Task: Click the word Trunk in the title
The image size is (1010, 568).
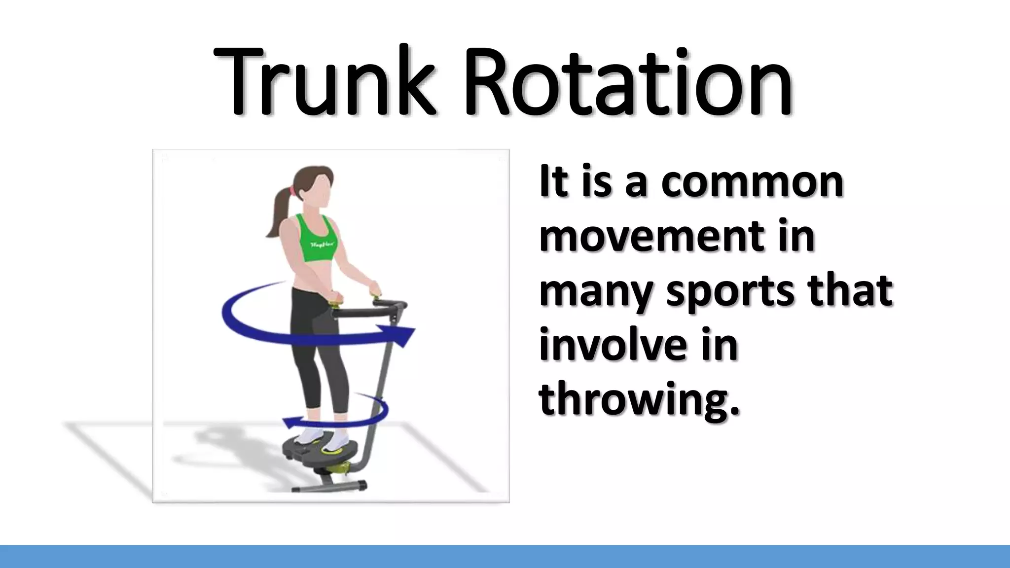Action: pos(325,81)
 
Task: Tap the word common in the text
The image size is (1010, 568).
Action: pos(752,182)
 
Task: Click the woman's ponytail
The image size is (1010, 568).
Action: pos(279,212)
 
